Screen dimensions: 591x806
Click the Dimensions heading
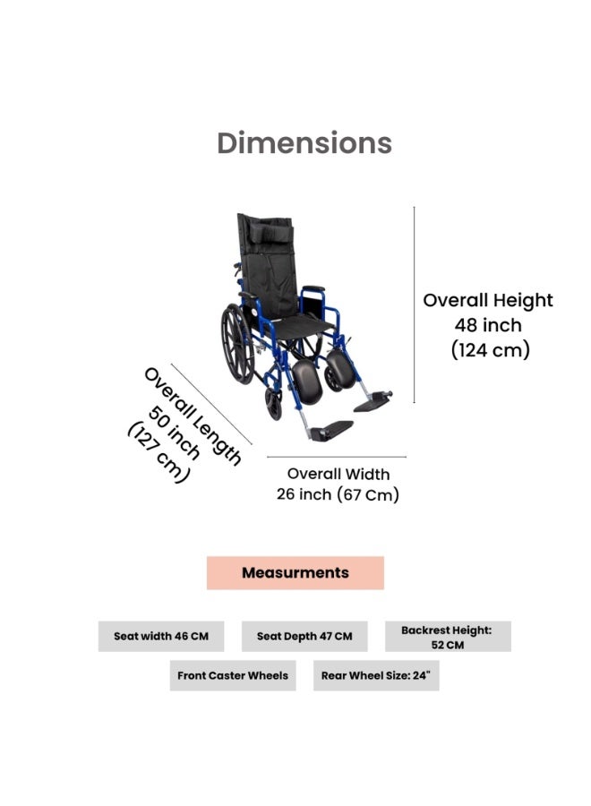coord(304,143)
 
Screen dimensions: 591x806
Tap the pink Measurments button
coord(295,572)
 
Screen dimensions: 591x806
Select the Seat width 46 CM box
coord(161,637)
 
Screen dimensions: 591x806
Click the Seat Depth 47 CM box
coord(304,637)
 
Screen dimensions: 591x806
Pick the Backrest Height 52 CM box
coord(448,637)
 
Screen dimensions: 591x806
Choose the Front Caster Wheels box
coord(233,675)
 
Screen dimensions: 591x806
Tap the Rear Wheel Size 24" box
coord(376,675)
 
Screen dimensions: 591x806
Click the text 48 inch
coord(488,325)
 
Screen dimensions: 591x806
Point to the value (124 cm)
coord(490,350)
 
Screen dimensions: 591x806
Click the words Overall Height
coord(488,301)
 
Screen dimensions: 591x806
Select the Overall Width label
coord(338,474)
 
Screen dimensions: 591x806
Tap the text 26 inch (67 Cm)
coord(338,494)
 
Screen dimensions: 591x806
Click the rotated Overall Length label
coord(193,416)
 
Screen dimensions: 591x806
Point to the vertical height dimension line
coord(415,304)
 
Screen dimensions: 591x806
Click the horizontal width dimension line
coord(337,457)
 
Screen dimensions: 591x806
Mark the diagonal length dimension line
coord(211,404)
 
